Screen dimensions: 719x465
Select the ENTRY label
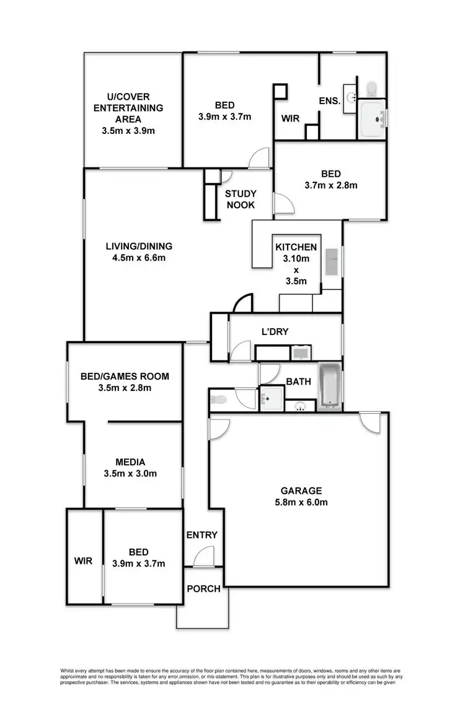202,535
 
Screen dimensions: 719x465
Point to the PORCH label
203,588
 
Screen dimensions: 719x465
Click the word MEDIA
131,462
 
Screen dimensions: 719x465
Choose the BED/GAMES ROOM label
125,376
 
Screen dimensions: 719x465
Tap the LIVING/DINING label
139,246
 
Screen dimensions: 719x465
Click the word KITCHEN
296,247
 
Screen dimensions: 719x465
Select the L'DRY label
273,333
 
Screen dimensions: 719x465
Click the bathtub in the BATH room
329,386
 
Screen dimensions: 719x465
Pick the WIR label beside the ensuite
291,117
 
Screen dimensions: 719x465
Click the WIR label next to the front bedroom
84,560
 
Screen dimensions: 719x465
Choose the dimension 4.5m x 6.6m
139,257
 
